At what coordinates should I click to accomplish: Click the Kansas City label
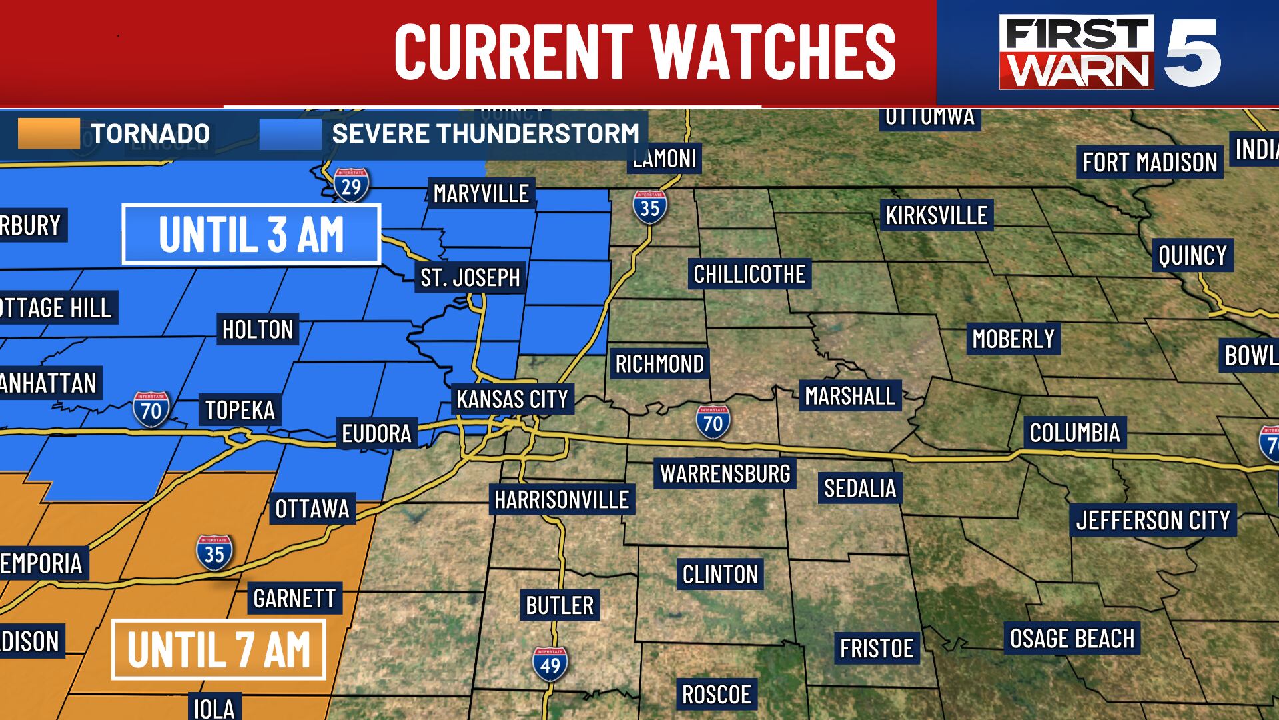[512, 399]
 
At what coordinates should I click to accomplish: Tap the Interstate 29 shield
[351, 185]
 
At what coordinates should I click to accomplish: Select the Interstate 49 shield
[550, 664]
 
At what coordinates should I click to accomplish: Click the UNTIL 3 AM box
[251, 235]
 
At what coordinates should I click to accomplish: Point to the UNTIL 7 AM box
[218, 649]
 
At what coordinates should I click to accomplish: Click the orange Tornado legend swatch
[49, 133]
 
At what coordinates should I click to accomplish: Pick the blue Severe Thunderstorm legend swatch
[290, 133]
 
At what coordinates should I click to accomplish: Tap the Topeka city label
[240, 409]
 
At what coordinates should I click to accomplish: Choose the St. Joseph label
[470, 277]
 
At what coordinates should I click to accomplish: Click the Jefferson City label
[1153, 520]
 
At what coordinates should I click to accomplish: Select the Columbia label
[1074, 433]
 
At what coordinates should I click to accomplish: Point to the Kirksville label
[936, 215]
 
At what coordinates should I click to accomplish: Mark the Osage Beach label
[1072, 639]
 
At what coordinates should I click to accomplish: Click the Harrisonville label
[562, 499]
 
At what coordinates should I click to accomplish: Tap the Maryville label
[481, 193]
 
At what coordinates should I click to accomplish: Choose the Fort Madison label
[1150, 162]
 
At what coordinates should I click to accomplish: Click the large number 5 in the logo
[1192, 53]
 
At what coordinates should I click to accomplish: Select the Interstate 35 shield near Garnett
[214, 553]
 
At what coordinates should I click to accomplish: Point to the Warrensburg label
[725, 473]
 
